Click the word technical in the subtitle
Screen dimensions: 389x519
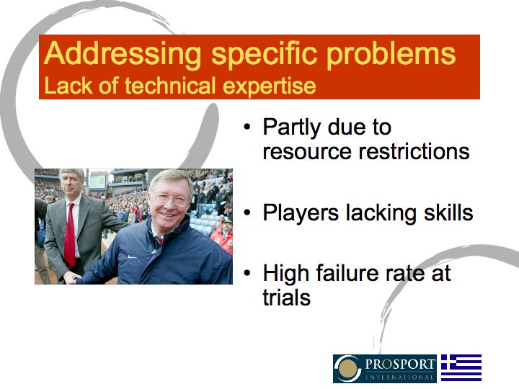[x=167, y=86]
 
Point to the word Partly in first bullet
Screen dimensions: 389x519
[x=291, y=128]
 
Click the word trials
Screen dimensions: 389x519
[x=287, y=297]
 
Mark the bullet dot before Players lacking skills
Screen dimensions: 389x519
[x=248, y=214]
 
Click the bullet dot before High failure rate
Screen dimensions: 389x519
[x=248, y=274]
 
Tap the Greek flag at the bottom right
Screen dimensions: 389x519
[x=461, y=368]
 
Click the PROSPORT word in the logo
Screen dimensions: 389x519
[x=400, y=363]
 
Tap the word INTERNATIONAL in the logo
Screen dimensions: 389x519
[x=400, y=377]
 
